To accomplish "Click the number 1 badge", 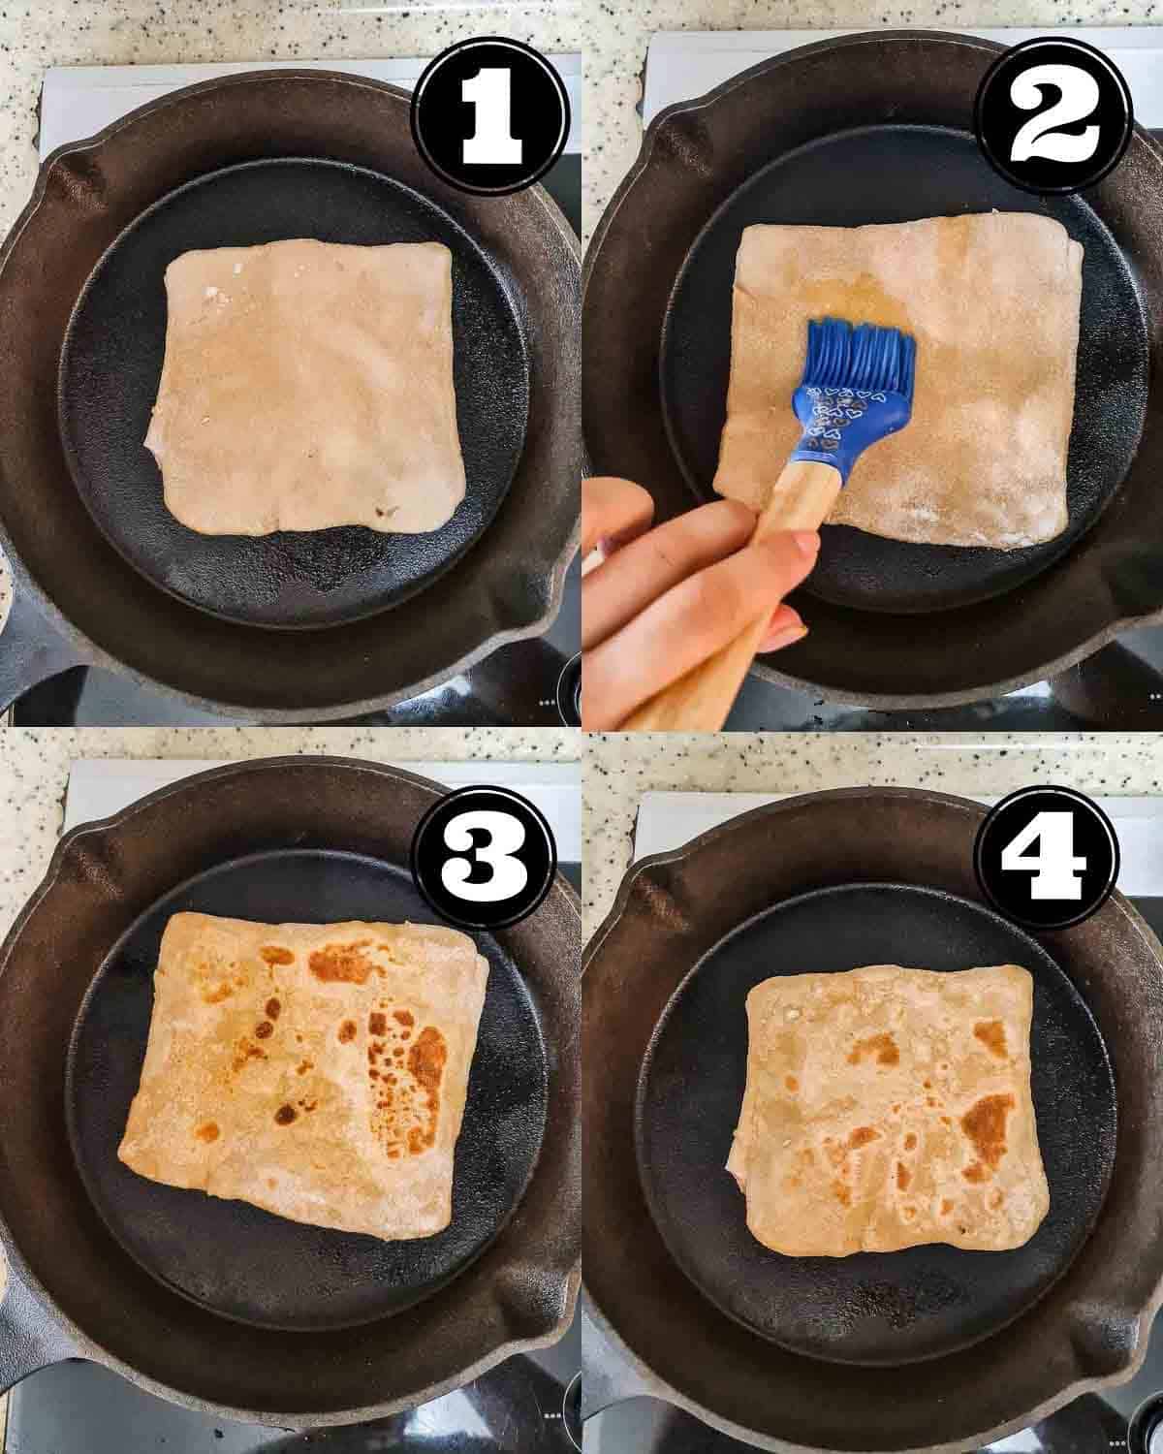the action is coord(492,116).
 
